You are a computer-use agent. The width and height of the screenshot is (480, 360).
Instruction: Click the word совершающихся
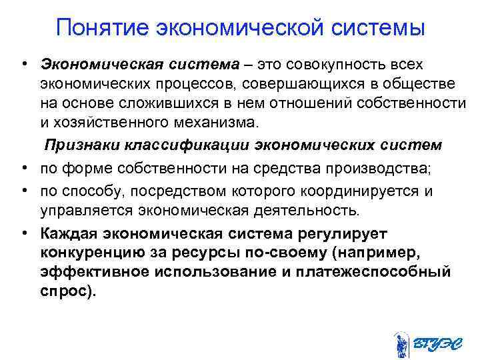(313, 84)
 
